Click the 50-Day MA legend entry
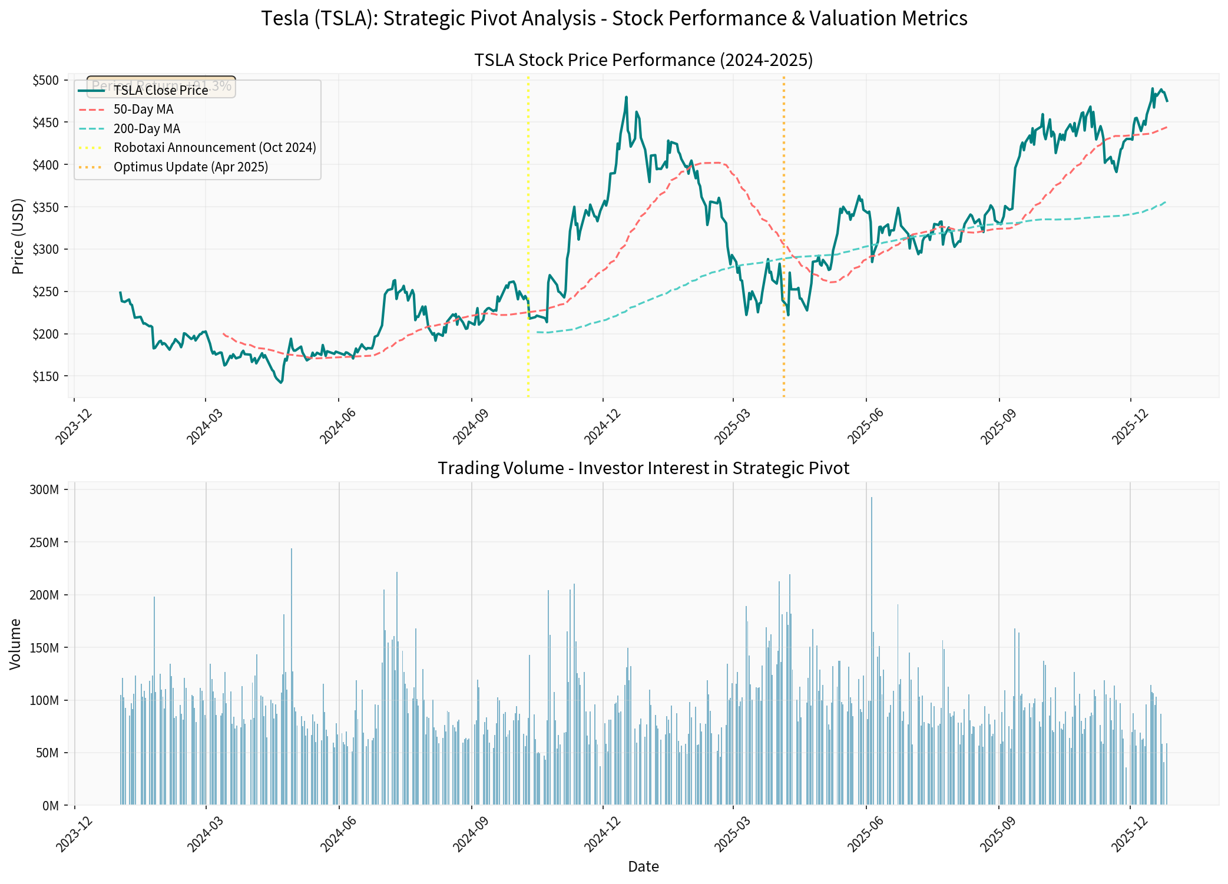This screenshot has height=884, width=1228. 143,110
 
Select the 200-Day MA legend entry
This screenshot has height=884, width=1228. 147,129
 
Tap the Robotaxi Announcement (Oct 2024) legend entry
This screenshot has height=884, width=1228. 214,148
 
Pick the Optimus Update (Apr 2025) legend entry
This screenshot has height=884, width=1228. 190,167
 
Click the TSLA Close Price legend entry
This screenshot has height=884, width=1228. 160,91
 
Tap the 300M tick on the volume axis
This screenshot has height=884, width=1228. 44,489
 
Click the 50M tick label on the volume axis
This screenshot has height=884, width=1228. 47,753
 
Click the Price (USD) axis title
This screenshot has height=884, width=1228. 18,236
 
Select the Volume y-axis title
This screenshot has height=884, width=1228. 15,644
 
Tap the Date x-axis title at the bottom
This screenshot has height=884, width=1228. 643,866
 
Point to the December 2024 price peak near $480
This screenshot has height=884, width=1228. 626,97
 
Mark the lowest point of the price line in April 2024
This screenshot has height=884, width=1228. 281,383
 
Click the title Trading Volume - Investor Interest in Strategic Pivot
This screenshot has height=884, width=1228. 643,468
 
